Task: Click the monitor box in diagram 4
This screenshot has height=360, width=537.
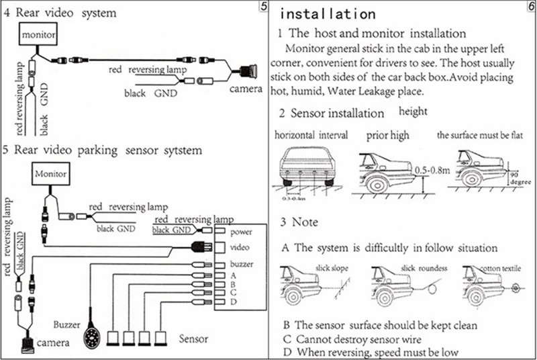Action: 37,34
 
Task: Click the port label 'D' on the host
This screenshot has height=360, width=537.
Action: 232,302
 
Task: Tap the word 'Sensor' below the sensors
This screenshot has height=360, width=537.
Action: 193,336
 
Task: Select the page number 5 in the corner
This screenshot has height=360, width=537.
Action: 263,6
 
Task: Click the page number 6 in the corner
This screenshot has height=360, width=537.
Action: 530,6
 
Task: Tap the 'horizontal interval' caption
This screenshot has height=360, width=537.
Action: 311,135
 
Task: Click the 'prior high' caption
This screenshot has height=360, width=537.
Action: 387,135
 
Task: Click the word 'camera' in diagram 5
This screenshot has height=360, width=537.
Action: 52,343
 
